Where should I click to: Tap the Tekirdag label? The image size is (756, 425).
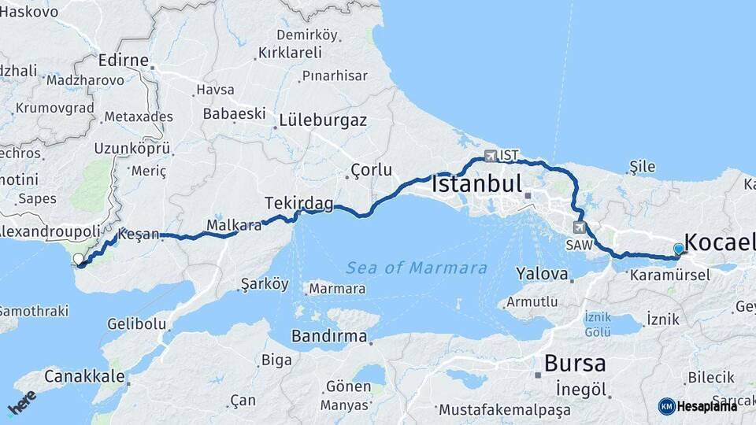pos(298,203)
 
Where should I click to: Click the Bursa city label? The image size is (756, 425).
pos(575,364)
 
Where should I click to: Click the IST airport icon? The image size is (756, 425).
pos(491,155)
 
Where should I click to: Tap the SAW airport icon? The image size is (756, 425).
pos(580,228)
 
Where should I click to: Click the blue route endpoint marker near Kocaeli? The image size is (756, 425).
pos(679,249)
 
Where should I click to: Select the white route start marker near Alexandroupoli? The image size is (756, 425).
pos(78,259)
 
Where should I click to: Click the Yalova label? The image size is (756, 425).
pos(542,275)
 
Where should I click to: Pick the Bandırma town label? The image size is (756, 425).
pos(330,337)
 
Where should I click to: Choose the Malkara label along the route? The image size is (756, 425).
pos(233,226)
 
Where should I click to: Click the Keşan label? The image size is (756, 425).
pos(139,235)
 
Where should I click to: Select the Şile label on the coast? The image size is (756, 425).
pos(643,167)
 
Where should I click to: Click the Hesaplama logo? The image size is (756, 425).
pos(698,406)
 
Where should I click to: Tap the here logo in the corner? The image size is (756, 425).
pos(22,402)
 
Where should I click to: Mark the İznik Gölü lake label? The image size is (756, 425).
pos(598,323)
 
